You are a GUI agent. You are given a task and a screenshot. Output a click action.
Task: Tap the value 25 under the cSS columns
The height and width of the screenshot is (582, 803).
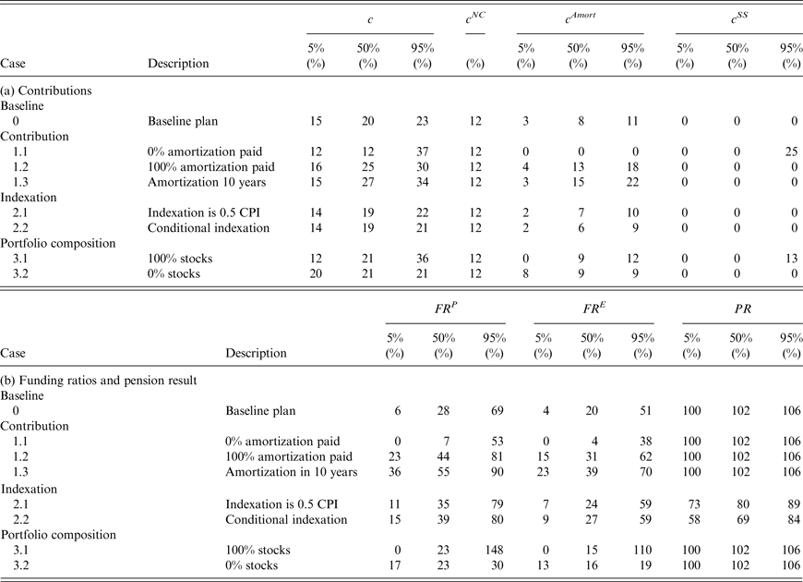(x=790, y=151)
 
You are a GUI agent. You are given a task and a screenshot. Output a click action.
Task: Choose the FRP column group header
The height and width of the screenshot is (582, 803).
(x=446, y=309)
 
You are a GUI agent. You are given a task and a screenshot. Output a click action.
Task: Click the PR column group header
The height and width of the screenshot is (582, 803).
(x=741, y=309)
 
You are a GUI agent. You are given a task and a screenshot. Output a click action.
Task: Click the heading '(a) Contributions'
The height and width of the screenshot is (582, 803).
(x=44, y=91)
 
